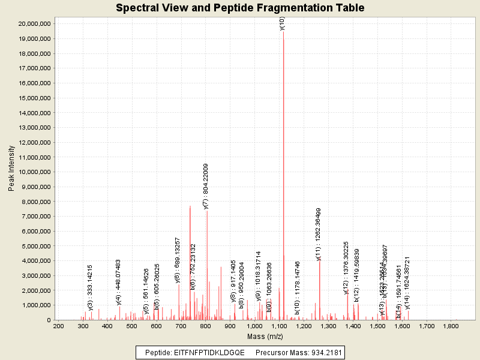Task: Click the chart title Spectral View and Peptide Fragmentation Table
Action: click(x=240, y=8)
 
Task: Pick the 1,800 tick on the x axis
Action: click(x=451, y=326)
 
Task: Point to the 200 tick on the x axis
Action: click(x=58, y=326)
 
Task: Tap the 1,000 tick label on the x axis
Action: click(x=254, y=326)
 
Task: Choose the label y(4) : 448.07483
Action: click(x=118, y=283)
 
